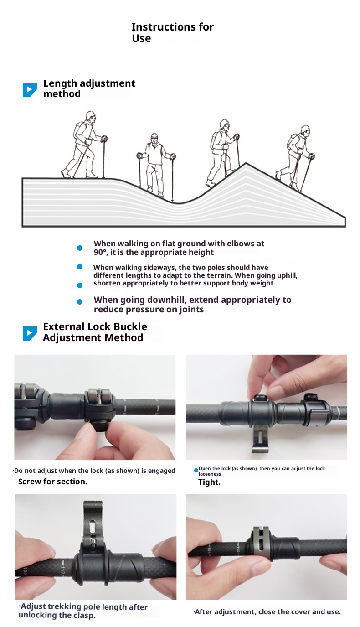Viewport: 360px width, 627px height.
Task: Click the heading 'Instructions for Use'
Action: pyautogui.click(x=173, y=32)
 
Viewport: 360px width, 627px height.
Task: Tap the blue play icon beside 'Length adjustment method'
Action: pyautogui.click(x=30, y=90)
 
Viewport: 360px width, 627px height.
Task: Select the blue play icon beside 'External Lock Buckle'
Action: pyautogui.click(x=30, y=333)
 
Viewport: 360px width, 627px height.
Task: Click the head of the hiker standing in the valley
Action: pyautogui.click(x=154, y=138)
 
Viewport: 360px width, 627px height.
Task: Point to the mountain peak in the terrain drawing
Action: pyautogui.click(x=246, y=163)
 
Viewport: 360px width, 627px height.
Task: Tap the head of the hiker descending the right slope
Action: pyautogui.click(x=305, y=130)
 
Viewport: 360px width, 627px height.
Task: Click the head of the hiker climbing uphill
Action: pyautogui.click(x=224, y=124)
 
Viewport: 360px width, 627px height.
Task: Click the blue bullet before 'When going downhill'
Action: pyautogui.click(x=80, y=302)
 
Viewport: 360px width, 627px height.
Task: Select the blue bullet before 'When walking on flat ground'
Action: pyautogui.click(x=80, y=248)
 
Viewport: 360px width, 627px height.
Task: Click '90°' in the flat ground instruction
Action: pyautogui.click(x=100, y=252)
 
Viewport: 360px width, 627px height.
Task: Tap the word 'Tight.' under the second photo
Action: pyautogui.click(x=209, y=482)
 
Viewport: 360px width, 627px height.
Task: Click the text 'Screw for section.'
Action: pyautogui.click(x=53, y=482)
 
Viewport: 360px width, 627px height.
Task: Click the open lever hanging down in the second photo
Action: pyautogui.click(x=260, y=440)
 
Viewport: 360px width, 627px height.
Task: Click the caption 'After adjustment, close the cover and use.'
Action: pyautogui.click(x=267, y=611)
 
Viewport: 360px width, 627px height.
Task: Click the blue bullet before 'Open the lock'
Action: pyautogui.click(x=196, y=470)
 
